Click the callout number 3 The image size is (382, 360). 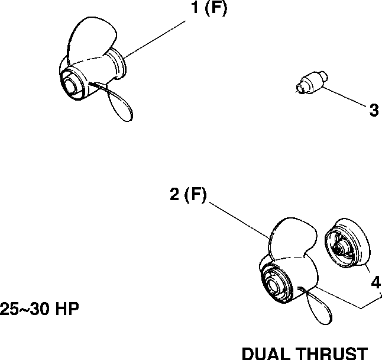373,110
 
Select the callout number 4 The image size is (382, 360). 375,283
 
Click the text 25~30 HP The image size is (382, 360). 40,309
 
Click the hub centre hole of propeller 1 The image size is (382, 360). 73,83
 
